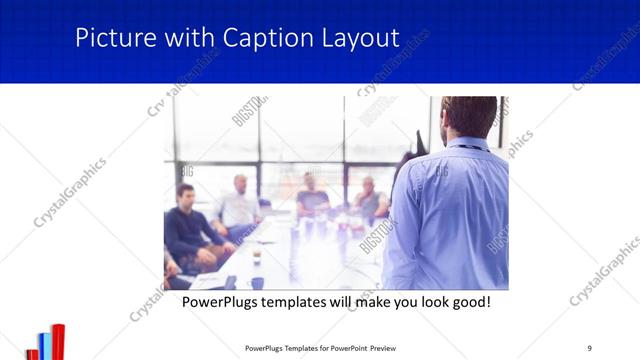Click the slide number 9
tap(589, 347)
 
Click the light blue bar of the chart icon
tap(45, 346)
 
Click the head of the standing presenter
tap(469, 115)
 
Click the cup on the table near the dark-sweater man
tap(257, 257)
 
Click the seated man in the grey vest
tap(369, 200)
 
